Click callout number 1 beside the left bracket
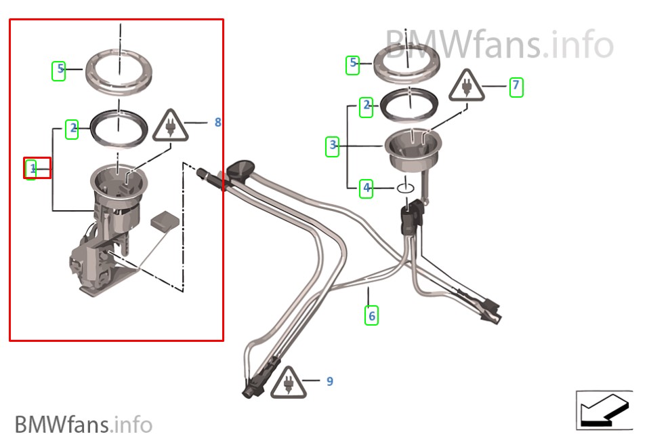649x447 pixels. (33, 169)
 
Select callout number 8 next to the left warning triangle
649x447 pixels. (217, 122)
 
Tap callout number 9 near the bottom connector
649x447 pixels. (329, 381)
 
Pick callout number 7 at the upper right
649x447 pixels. (516, 85)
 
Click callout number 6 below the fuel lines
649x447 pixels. (372, 315)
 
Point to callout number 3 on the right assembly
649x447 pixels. (333, 145)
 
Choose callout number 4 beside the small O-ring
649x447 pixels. (367, 189)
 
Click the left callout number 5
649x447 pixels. (60, 69)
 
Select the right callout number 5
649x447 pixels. (353, 62)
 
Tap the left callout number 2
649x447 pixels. (73, 128)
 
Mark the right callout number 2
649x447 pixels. (367, 105)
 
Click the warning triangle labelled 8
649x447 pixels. (170, 125)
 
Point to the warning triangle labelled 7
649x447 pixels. (467, 85)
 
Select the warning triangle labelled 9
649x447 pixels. (289, 383)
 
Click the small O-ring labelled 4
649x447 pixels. (405, 188)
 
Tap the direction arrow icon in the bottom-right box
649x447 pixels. (605, 410)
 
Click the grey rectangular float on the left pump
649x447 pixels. (165, 220)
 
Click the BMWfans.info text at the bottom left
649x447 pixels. (83, 424)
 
